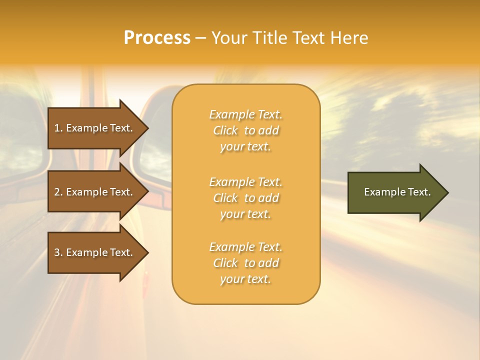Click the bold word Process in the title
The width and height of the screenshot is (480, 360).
click(x=157, y=38)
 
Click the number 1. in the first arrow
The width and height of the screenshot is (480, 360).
click(x=58, y=128)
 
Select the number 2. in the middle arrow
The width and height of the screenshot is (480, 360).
click(x=58, y=192)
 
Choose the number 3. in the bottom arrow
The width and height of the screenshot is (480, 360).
click(x=58, y=252)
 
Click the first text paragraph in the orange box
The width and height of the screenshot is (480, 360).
click(x=245, y=130)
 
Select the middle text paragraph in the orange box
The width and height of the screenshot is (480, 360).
click(x=245, y=198)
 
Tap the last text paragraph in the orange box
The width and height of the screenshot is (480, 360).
click(x=245, y=263)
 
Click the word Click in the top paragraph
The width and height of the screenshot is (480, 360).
click(x=225, y=130)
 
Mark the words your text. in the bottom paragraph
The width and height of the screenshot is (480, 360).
click(x=245, y=279)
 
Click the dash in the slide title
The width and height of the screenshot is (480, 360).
click(x=201, y=38)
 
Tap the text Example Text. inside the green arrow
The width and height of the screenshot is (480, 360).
click(x=397, y=192)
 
